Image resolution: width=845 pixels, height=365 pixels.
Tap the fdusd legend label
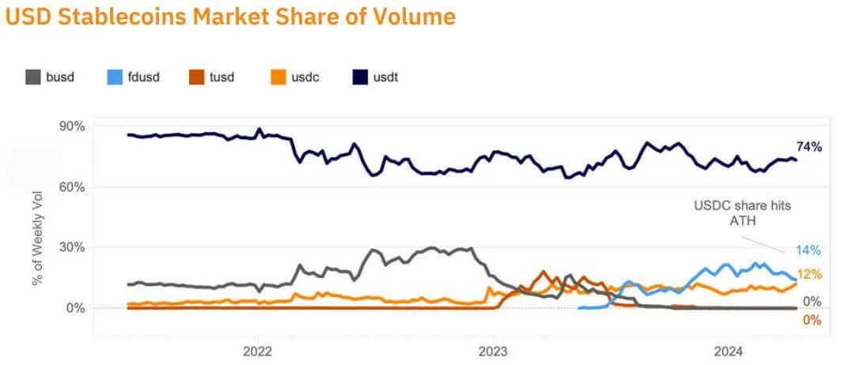144,77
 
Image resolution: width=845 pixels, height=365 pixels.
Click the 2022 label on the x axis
258,350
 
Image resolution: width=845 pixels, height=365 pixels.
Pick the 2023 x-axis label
493,350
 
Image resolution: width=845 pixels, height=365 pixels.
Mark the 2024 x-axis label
729,350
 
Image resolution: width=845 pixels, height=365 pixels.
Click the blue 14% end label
809,250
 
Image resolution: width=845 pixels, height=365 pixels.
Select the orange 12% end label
809,274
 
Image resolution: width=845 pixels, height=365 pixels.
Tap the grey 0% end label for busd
812,301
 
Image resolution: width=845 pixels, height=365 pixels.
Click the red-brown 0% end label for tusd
812,320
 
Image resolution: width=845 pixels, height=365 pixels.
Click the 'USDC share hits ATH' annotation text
742,212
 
